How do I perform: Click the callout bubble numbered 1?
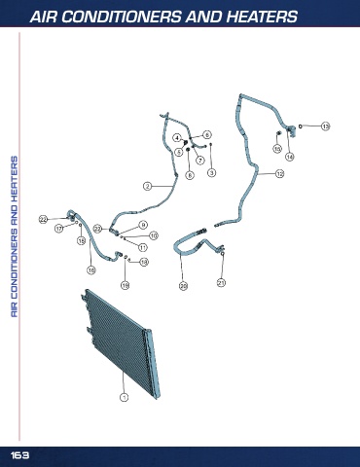pos(124,397)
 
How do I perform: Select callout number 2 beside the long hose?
pos(148,186)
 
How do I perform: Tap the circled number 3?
pos(211,173)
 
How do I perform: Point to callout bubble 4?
pos(177,138)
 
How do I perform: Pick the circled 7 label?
pos(200,160)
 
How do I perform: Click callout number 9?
pos(143,225)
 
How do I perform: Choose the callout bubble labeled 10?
pos(154,235)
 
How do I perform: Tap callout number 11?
pos(143,247)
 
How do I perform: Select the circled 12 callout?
pos(279,173)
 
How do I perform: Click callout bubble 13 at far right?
pos(326,126)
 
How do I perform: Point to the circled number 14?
pos(290,157)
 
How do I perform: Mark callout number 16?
pos(91,269)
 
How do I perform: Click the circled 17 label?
pos(58,229)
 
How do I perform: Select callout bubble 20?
pos(184,286)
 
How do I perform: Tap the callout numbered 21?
pos(221,283)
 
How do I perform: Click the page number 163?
pos(19,455)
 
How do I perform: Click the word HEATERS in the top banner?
pos(262,17)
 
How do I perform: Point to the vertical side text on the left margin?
pos(15,236)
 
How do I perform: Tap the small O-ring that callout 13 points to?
pos(301,126)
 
